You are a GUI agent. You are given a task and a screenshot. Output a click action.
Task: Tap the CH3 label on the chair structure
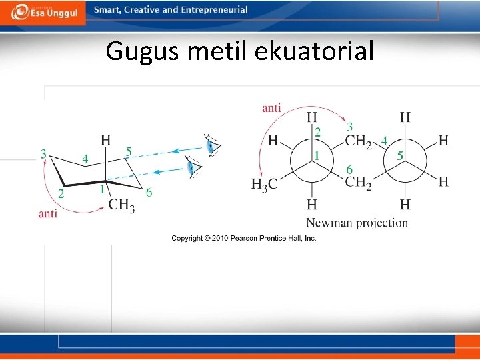point(121,205)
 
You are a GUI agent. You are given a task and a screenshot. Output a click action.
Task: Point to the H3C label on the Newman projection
point(264,185)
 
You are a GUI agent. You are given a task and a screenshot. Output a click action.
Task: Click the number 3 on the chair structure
point(43,154)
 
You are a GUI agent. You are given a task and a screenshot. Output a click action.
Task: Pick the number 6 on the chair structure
point(149,193)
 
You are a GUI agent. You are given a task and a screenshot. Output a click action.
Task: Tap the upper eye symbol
point(212,146)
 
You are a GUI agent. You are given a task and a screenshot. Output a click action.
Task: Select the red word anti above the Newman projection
point(271,107)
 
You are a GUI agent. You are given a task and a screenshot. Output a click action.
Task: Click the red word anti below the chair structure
point(48,213)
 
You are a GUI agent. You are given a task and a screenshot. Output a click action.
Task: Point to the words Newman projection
point(357,222)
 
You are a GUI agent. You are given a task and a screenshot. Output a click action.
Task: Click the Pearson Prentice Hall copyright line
point(243,239)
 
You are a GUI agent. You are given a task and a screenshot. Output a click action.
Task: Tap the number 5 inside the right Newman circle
point(400,156)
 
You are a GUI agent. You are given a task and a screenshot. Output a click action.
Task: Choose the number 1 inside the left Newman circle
point(317,156)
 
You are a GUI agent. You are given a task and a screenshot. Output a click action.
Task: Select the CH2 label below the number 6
point(359,182)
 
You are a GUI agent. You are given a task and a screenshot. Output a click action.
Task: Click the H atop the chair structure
point(105,140)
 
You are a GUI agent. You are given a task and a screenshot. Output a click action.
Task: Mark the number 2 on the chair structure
point(61,194)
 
